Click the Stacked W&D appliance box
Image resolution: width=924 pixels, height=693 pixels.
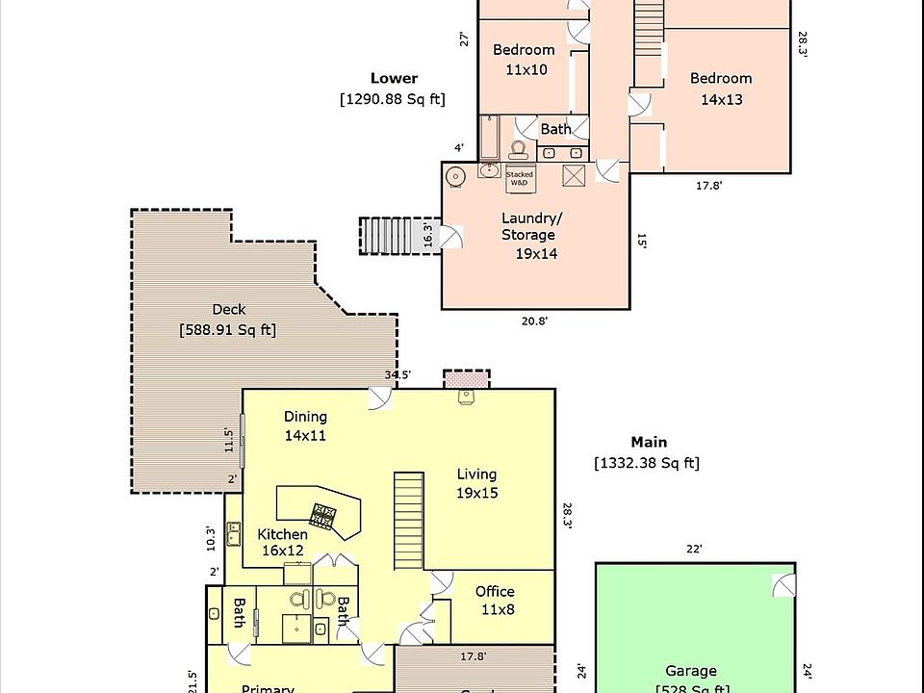520,178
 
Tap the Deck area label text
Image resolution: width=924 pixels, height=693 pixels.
228,320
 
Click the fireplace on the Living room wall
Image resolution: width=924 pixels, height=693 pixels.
466,382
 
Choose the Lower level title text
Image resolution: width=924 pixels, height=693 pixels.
394,78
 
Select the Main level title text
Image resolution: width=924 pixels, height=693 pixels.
649,442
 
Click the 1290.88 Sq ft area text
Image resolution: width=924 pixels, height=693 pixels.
392,98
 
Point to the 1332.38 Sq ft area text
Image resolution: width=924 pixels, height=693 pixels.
647,463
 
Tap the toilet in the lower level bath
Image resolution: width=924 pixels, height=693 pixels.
518,149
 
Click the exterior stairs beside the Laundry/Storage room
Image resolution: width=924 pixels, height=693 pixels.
392,236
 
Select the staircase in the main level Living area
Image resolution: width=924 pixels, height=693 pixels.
410,520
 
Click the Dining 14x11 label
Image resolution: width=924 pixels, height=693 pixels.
305,425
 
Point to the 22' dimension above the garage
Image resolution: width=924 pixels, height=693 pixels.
694,549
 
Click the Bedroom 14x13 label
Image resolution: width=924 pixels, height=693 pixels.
721,89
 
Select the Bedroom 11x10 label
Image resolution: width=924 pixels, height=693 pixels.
525,60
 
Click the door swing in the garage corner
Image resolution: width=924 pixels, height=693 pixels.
783,583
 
